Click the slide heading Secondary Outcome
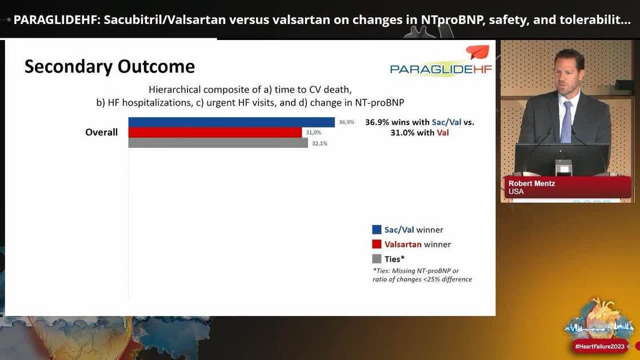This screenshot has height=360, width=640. (109, 66)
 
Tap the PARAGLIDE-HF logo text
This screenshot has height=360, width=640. (441, 69)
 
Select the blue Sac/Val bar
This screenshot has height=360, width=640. (231, 122)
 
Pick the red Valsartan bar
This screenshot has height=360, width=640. (215, 133)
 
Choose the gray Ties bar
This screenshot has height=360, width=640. (218, 143)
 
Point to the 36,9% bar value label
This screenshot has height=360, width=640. (346, 122)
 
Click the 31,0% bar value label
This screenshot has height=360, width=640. (313, 133)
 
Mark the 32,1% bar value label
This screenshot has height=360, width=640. (319, 143)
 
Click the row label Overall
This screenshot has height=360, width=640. (101, 133)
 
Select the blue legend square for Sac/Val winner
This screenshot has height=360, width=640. (377, 230)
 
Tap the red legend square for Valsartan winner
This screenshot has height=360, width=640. (377, 244)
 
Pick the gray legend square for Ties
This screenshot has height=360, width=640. (377, 258)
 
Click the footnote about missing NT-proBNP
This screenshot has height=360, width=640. (422, 275)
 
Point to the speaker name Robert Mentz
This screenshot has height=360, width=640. (531, 183)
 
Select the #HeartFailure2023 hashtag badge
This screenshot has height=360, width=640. (600, 346)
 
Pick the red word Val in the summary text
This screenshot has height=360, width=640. (442, 133)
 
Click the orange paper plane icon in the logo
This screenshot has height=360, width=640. (477, 53)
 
